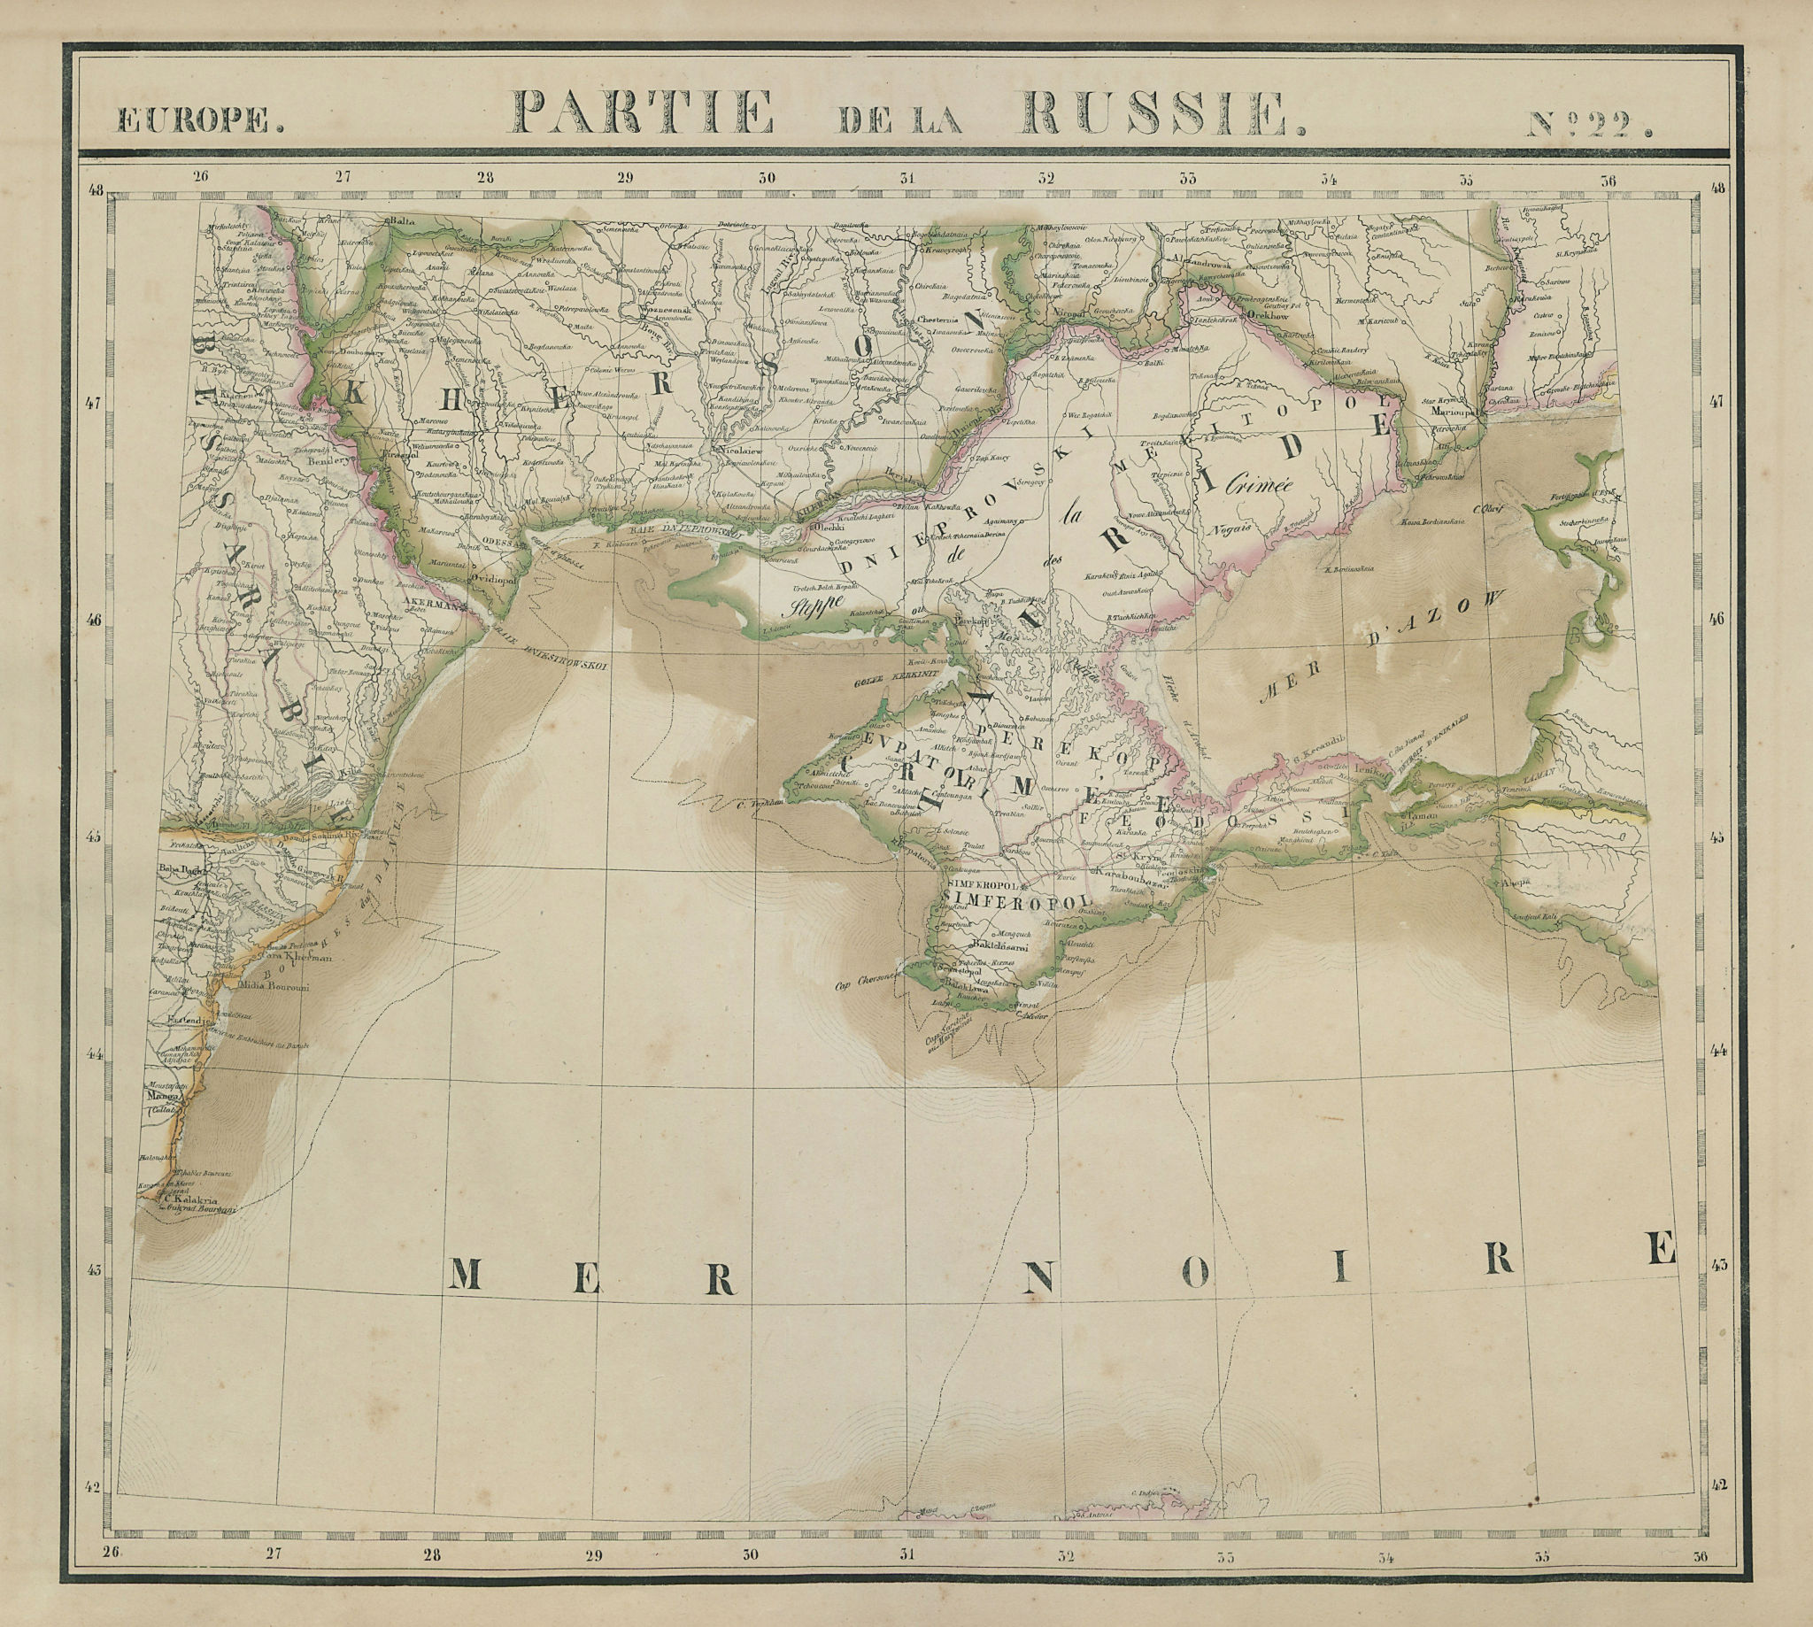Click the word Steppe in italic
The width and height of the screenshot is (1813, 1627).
pos(807,610)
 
